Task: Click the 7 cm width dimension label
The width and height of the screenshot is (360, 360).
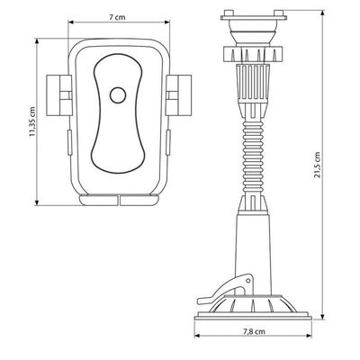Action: click(117, 17)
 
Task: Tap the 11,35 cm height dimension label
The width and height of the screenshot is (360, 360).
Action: click(32, 121)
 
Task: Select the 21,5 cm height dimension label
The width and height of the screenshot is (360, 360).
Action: click(318, 165)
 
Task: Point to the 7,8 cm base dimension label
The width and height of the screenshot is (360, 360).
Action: click(254, 332)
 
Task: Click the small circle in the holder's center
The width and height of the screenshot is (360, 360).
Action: click(118, 95)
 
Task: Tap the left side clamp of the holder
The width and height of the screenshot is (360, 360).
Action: click(59, 95)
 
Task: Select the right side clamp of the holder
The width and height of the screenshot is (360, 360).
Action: click(178, 95)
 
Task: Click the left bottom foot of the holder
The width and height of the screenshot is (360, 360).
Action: click(98, 200)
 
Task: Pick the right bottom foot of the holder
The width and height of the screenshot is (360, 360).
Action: click(139, 200)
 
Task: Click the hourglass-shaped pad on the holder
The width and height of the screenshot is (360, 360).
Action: click(118, 113)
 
